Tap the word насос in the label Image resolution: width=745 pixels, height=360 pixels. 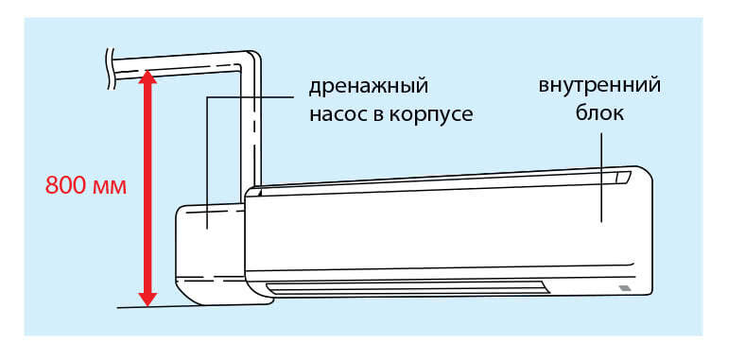tap(336, 114)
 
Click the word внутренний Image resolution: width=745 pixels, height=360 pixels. tap(599, 86)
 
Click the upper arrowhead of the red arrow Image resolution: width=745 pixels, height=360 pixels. tap(147, 77)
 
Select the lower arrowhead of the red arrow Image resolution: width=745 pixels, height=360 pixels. tap(147, 300)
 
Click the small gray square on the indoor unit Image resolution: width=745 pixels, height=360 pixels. tap(624, 288)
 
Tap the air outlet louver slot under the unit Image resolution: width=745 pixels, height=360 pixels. tap(407, 288)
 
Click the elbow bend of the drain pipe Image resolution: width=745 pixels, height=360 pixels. tap(250, 60)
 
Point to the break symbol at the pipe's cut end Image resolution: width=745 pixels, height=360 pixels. tap(112, 69)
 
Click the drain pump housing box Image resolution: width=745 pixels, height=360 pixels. tap(212, 254)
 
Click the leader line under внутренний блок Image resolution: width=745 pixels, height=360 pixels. tap(601, 178)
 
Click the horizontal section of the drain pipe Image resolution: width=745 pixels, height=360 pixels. tap(178, 66)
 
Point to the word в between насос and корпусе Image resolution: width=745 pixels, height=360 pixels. tap(375, 116)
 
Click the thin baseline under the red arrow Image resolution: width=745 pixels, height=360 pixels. tap(195, 306)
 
